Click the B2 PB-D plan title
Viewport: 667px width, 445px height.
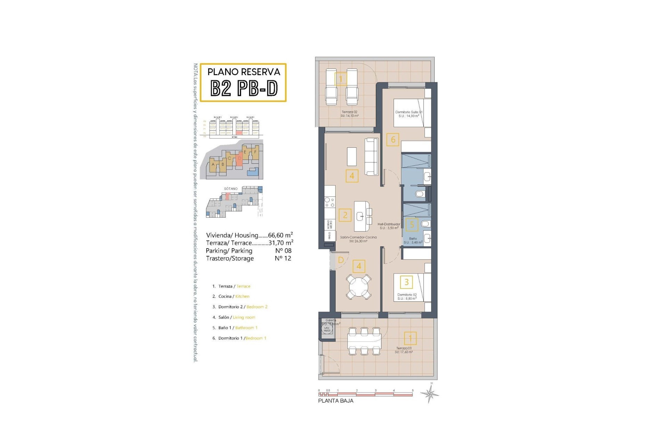244,88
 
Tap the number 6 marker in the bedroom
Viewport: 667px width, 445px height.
393,140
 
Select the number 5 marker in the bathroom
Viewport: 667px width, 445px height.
412,225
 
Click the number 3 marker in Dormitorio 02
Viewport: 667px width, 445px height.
406,282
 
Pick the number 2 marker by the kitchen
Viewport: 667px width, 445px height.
345,215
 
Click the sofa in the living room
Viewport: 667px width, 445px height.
371,156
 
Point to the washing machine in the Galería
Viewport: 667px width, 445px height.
327,329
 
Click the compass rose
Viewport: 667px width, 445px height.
430,394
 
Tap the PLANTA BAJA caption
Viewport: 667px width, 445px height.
336,401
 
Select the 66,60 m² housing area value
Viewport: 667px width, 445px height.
280,235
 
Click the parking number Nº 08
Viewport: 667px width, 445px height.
283,251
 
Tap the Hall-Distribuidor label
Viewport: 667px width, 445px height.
389,225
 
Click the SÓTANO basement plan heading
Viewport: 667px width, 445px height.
231,189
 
